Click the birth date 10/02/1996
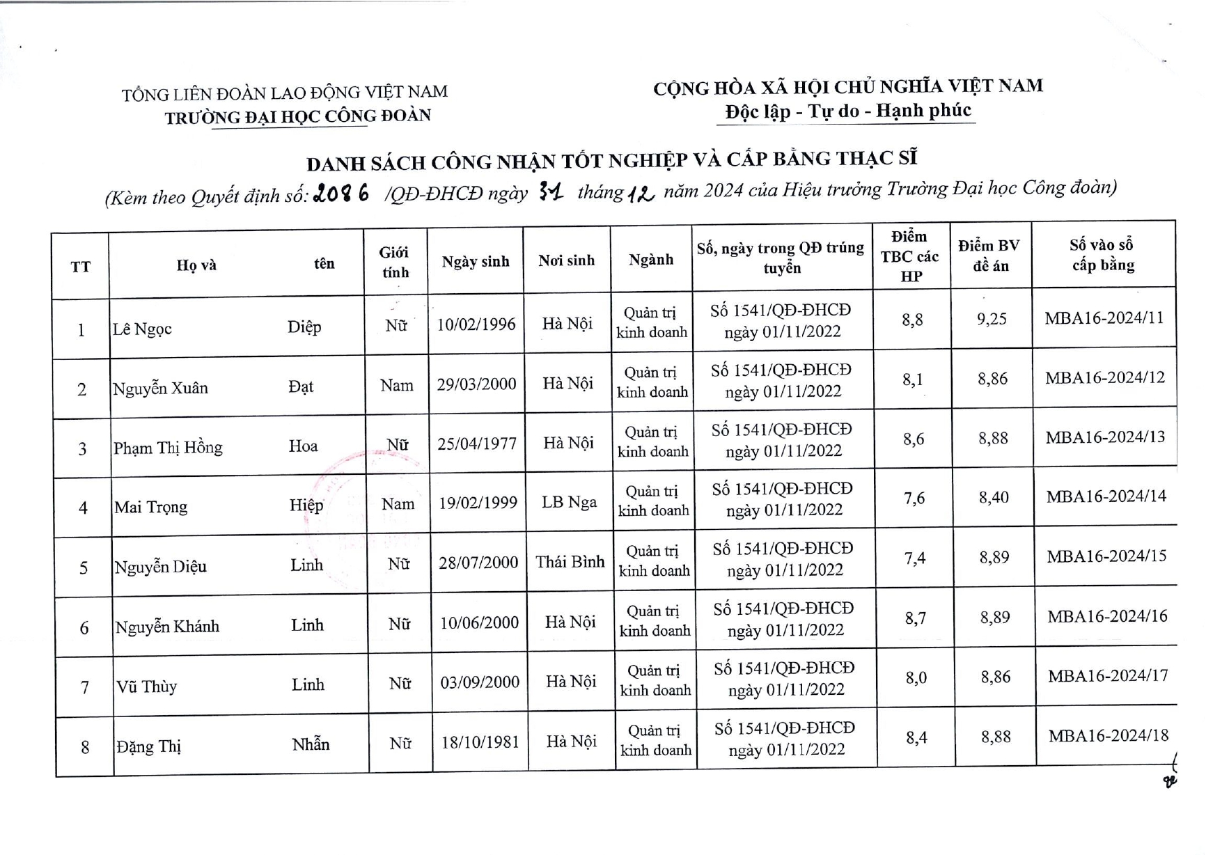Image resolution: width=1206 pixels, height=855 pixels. point(476,324)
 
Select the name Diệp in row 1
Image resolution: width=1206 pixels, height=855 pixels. point(304,327)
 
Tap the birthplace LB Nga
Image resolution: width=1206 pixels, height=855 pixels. point(569,502)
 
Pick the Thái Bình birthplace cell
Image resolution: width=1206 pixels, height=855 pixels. point(570,562)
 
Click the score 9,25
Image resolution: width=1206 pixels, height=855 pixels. point(992,319)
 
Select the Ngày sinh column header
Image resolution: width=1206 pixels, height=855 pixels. point(476,262)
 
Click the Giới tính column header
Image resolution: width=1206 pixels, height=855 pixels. point(395,262)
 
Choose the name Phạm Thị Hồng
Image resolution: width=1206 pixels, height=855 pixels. point(168,448)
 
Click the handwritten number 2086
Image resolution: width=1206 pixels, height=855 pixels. point(341,194)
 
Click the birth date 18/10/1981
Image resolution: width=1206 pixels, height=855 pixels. point(480,742)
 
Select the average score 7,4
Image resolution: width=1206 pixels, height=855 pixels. point(914,558)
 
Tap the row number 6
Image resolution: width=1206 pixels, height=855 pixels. point(84,628)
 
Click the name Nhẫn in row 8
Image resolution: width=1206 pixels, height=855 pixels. point(311,744)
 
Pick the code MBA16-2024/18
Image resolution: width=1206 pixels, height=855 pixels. point(1109,735)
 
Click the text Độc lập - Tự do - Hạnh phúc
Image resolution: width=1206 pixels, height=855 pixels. point(847,111)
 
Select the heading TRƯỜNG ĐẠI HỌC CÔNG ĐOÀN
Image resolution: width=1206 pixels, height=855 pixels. point(298,116)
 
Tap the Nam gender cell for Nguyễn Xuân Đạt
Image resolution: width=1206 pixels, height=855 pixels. point(396,385)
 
